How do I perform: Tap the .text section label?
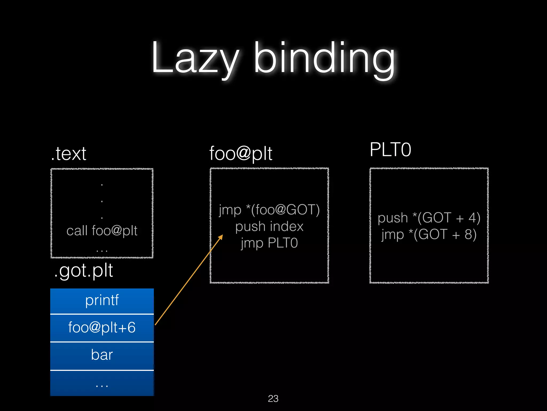[69, 154]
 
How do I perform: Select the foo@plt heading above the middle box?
[240, 154]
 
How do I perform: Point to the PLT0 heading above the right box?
[390, 150]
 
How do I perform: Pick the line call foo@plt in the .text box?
[102, 231]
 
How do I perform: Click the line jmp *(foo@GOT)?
[269, 210]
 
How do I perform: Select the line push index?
[269, 227]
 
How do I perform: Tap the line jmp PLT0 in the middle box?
[269, 243]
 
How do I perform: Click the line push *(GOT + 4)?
[429, 218]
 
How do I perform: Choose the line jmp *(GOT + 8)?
[429, 234]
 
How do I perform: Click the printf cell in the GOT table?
[102, 300]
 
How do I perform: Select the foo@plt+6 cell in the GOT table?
[102, 328]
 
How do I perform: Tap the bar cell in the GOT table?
[102, 355]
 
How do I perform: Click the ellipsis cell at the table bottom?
[102, 384]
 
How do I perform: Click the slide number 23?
[273, 398]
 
